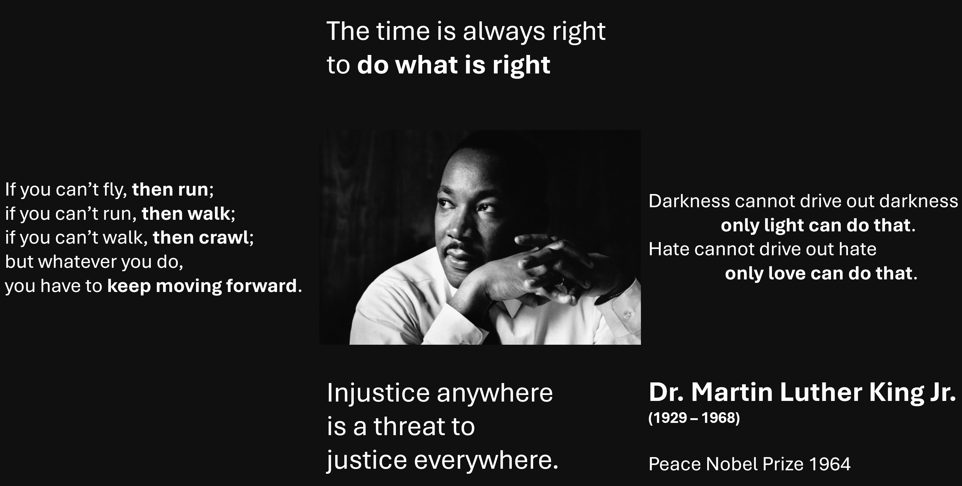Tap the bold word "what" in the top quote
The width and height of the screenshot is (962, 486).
coord(426,65)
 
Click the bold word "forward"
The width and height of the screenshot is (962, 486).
coord(261,286)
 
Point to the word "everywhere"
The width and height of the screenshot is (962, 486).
coord(485,460)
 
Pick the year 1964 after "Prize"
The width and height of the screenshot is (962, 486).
coord(829,464)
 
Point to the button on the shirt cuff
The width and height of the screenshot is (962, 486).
coord(627,315)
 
